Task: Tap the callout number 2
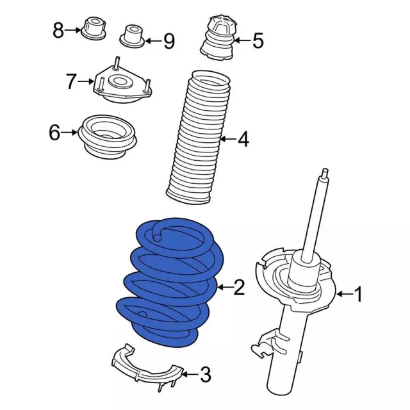click(x=238, y=288)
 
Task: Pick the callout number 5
click(x=257, y=42)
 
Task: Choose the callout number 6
click(x=54, y=133)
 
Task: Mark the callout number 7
click(x=71, y=81)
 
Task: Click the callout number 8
click(x=58, y=29)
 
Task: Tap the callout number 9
click(x=168, y=42)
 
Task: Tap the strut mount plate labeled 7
click(x=122, y=86)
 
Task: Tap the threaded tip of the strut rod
click(x=327, y=174)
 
